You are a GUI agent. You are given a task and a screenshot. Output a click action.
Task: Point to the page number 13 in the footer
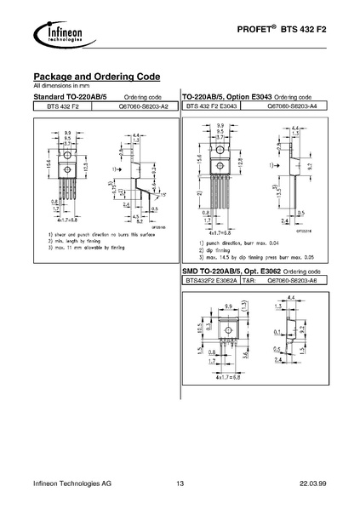click(180, 483)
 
